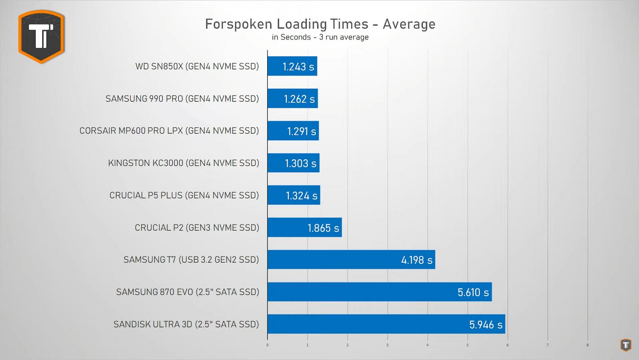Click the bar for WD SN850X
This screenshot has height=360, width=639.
pyautogui.click(x=292, y=66)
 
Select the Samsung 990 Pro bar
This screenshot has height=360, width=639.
pyautogui.click(x=292, y=99)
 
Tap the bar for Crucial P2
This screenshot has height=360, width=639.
pyautogui.click(x=304, y=227)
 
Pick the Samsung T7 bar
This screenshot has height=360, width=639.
pyautogui.click(x=351, y=260)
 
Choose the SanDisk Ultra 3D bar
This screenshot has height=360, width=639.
pyautogui.click(x=386, y=324)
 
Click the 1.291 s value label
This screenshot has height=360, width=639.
pyautogui.click(x=302, y=131)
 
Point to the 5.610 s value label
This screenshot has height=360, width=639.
pyautogui.click(x=473, y=293)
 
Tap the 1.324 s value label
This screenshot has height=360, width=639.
pyautogui.click(x=302, y=196)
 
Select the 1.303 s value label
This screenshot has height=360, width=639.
pyautogui.click(x=300, y=163)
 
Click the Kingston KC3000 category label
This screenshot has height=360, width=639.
pyautogui.click(x=183, y=163)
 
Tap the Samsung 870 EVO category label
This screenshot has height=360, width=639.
pyautogui.click(x=187, y=292)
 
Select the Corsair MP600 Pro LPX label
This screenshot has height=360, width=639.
pyautogui.click(x=169, y=131)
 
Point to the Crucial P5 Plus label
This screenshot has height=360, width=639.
pyautogui.click(x=184, y=195)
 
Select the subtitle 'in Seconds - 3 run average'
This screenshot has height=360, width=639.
pyautogui.click(x=320, y=37)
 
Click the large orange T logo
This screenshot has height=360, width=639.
pyautogui.click(x=42, y=36)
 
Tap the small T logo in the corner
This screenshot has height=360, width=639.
pyautogui.click(x=626, y=345)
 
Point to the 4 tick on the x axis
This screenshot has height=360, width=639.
pyautogui.click(x=427, y=345)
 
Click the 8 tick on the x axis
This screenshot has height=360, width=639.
pyautogui.click(x=587, y=345)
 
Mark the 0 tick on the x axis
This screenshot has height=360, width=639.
pyautogui.click(x=268, y=345)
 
